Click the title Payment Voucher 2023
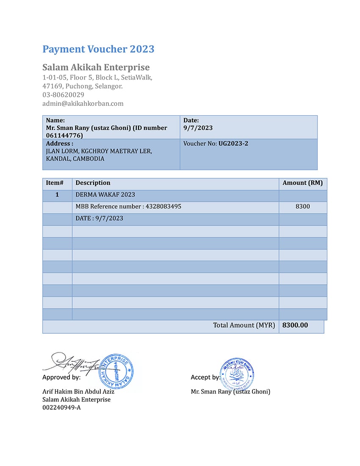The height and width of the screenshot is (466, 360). click(98, 49)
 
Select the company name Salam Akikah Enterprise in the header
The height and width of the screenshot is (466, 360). click(96, 67)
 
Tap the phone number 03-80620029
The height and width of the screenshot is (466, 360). click(63, 95)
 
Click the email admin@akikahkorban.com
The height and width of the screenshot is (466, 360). click(83, 103)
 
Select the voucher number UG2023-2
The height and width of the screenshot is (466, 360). click(233, 144)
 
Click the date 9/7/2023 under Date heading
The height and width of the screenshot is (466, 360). click(198, 128)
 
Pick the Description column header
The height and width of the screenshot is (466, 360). click(93, 183)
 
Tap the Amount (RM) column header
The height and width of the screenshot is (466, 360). click(302, 183)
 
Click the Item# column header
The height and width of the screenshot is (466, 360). click(55, 183)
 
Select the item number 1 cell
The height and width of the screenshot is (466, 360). click(57, 195)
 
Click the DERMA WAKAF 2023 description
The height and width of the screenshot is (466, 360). click(105, 195)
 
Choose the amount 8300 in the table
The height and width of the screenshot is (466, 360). click(303, 207)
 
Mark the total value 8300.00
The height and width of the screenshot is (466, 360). click(295, 325)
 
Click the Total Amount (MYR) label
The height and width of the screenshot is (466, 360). click(244, 325)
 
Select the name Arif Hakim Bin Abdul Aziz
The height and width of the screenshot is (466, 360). click(78, 391)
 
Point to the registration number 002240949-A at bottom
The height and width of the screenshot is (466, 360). click(61, 408)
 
